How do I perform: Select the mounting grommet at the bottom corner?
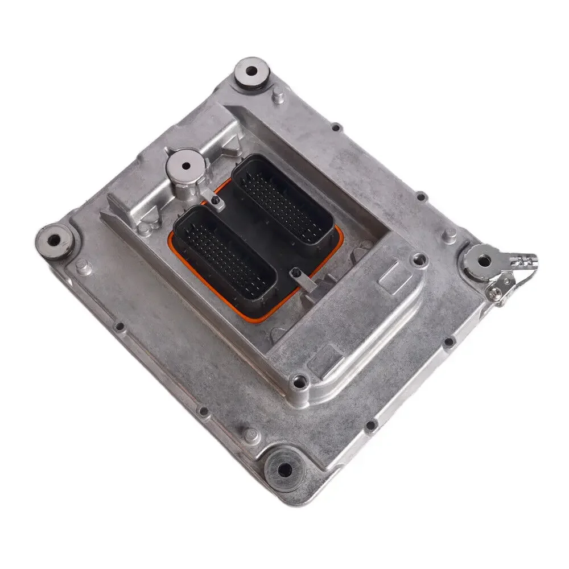click(284, 469)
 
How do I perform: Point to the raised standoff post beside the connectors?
click(185, 166)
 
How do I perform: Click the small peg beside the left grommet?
click(83, 265)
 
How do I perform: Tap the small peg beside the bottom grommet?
click(254, 435)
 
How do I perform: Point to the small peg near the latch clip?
click(450, 235)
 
